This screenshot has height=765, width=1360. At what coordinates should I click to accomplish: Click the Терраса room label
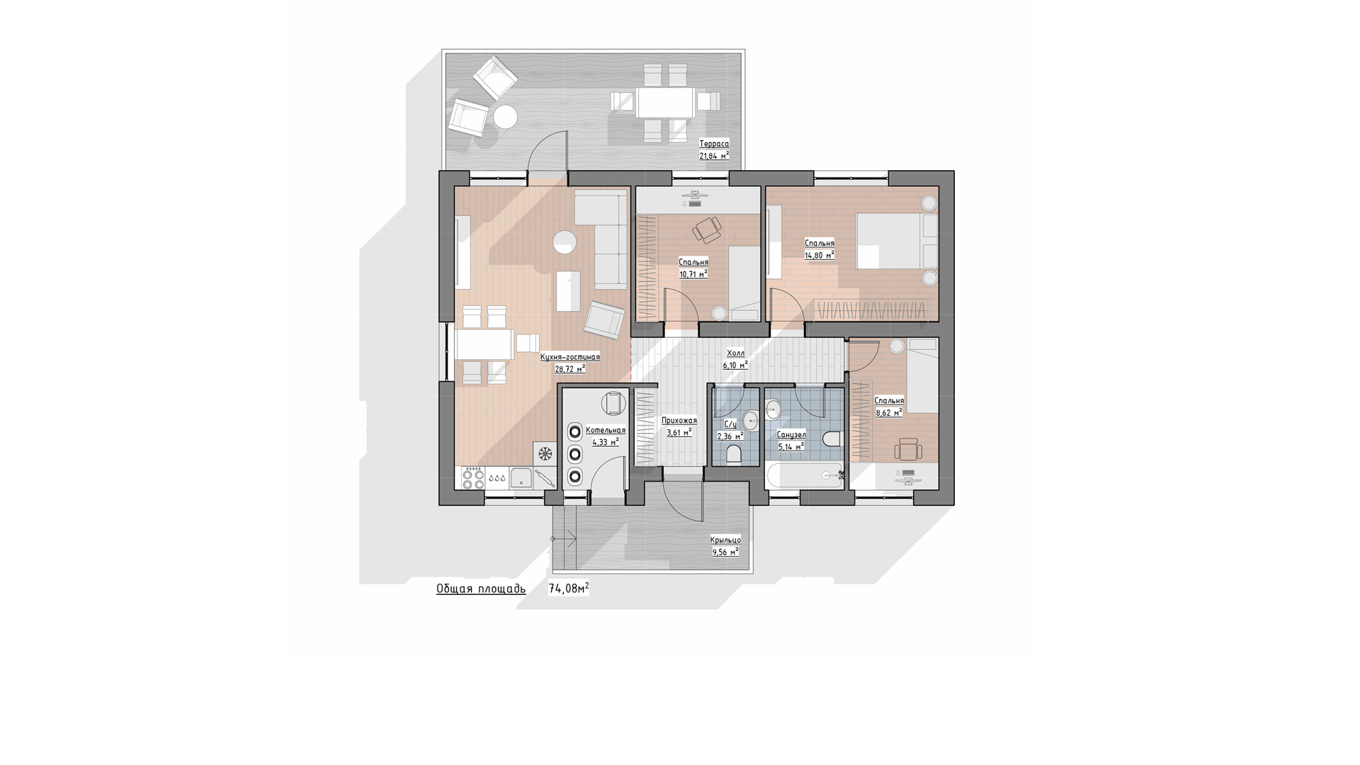click(714, 144)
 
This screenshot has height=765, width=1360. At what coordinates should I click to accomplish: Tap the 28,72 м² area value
click(570, 369)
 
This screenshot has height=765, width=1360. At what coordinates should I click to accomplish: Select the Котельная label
click(606, 430)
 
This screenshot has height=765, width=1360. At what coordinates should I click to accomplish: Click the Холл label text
click(735, 353)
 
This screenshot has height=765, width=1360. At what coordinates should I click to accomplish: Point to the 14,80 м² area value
click(820, 255)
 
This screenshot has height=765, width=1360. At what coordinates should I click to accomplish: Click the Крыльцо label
click(725, 540)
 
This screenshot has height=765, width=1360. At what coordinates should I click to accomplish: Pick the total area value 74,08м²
click(569, 589)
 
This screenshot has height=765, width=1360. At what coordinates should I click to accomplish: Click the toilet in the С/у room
click(735, 453)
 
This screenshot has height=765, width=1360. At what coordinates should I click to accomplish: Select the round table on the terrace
click(506, 116)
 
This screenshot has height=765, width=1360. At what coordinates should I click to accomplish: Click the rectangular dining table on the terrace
click(665, 102)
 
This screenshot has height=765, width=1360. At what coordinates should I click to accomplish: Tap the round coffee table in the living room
click(565, 242)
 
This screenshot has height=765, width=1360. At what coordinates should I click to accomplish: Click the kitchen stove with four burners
click(472, 478)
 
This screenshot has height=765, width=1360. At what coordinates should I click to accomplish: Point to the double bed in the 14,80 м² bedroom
click(897, 241)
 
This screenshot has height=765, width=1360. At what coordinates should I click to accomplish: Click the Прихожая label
click(679, 421)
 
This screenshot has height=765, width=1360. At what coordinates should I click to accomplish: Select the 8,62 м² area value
click(889, 412)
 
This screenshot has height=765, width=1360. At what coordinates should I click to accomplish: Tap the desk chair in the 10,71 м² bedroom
click(707, 229)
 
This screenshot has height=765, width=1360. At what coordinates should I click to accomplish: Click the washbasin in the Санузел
click(773, 409)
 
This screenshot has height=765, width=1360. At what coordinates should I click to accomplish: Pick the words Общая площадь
click(481, 589)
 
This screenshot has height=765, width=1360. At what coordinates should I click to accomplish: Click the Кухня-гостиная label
click(570, 357)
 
